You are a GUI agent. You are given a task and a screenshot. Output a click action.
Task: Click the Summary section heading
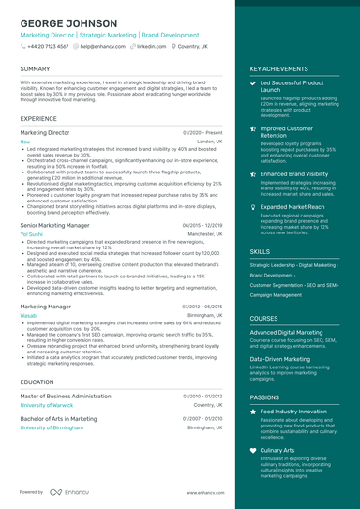click(35, 69)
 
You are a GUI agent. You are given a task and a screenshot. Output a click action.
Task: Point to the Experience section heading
click(38, 119)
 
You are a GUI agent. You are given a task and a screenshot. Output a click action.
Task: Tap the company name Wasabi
click(28, 316)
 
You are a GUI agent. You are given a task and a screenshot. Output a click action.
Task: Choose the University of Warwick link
click(50, 405)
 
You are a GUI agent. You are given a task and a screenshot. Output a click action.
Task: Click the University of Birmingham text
click(52, 427)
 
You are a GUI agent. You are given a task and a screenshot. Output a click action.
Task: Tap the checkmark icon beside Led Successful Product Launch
click(253, 83)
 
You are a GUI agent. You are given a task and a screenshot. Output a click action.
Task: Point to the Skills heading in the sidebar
click(260, 252)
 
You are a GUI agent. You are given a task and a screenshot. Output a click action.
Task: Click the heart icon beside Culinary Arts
click(253, 450)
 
